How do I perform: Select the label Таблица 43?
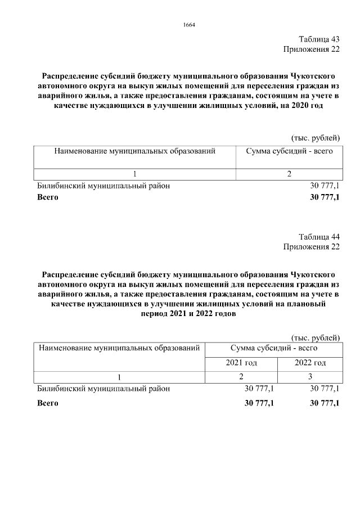coord(319,39)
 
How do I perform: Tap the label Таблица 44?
coord(319,236)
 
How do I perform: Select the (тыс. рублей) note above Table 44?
coord(316,337)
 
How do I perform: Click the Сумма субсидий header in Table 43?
coord(289,151)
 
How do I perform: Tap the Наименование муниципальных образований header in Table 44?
coord(119,348)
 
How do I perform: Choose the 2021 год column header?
coord(241,363)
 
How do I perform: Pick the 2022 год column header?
coord(310,363)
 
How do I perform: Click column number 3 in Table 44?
coord(310,376)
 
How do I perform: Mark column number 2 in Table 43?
coord(289,174)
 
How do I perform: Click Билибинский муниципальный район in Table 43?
coord(103,186)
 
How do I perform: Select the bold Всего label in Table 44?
coord(47,403)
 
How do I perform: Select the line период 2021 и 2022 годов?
coord(189,314)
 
